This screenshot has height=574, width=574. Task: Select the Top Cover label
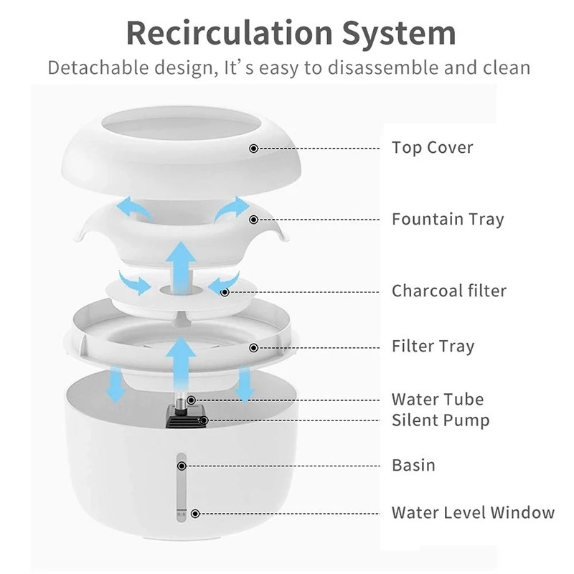point(432,148)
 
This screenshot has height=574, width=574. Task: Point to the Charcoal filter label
point(449,291)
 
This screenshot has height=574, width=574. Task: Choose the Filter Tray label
point(433,347)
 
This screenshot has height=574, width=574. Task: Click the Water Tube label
point(438,399)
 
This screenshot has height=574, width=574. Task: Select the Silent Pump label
point(441,420)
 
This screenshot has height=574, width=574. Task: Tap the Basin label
point(413,464)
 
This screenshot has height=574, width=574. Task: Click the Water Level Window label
point(473,512)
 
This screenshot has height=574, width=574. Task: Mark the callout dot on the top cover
point(253,149)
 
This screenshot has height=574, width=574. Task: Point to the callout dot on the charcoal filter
point(225,292)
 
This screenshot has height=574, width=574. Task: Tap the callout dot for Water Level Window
point(194,513)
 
